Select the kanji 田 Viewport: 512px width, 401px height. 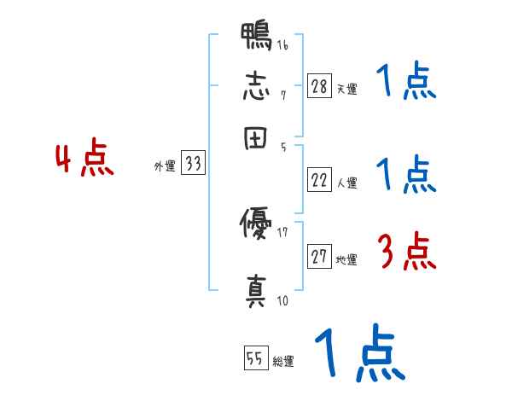click(x=256, y=136)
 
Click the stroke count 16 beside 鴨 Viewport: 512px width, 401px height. click(x=282, y=45)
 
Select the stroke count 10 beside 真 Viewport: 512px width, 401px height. click(x=282, y=300)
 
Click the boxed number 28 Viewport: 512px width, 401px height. click(x=319, y=86)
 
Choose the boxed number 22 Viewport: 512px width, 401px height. click(x=319, y=180)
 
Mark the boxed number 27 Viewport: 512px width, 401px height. click(x=319, y=257)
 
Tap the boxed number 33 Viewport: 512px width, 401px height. click(x=194, y=165)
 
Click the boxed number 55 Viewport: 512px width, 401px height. click(x=255, y=359)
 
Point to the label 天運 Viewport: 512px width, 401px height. click(x=346, y=89)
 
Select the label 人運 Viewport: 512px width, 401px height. click(x=346, y=183)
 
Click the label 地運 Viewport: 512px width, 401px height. click(x=346, y=259)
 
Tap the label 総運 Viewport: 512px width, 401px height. click(x=282, y=362)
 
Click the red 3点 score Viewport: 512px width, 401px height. click(x=406, y=252)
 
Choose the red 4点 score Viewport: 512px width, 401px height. click(x=84, y=160)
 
